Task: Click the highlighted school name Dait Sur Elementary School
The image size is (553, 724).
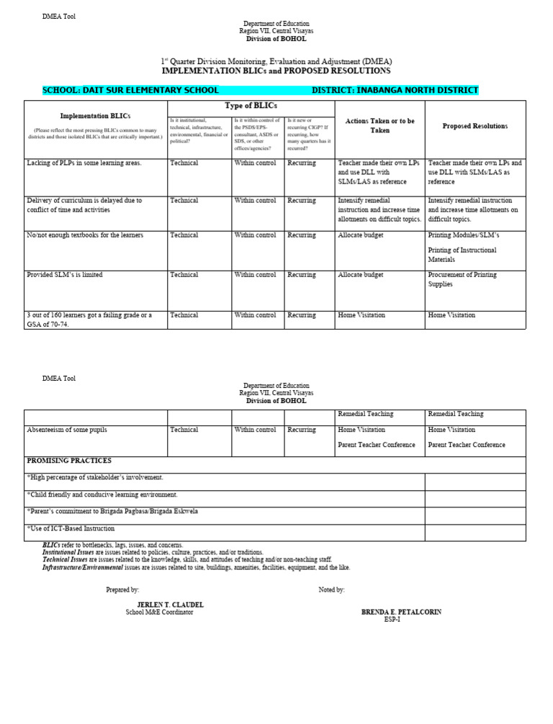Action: click(x=130, y=91)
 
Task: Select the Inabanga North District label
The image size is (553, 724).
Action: click(x=395, y=91)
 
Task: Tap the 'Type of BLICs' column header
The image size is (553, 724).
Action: click(x=251, y=107)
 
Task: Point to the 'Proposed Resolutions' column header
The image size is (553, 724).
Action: click(x=475, y=127)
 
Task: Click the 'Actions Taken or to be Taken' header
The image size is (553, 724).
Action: click(x=379, y=126)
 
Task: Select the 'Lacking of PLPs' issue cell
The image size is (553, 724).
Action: click(x=84, y=163)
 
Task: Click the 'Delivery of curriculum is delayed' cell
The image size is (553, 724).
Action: click(x=84, y=205)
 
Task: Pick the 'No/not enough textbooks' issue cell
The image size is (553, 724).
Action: click(x=85, y=235)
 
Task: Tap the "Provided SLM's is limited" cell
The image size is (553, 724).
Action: click(x=65, y=275)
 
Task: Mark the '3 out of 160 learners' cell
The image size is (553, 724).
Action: click(x=89, y=320)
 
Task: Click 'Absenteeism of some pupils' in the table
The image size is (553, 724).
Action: click(x=67, y=430)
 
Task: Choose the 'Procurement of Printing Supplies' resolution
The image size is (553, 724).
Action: click(x=462, y=279)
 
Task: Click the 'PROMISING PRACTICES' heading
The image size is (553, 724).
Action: click(x=69, y=461)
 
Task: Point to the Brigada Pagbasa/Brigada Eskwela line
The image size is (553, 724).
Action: click(x=112, y=511)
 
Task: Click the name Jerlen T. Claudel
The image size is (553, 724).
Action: click(x=170, y=605)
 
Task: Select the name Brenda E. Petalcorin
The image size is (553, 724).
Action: click(x=401, y=612)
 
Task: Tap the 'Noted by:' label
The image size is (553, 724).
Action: click(x=331, y=589)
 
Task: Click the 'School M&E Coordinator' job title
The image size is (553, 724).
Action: click(x=159, y=612)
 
